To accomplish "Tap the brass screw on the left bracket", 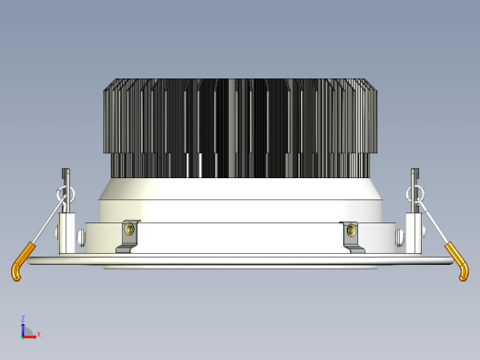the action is (129, 229).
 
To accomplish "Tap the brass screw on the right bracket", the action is (351, 229).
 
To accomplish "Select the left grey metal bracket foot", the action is (126, 248).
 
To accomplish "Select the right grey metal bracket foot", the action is (354, 248).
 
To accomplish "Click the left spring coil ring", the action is (66, 194).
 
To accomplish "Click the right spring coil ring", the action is (414, 194).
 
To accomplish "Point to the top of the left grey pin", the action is (66, 169).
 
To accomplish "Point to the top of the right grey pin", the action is (414, 169).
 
